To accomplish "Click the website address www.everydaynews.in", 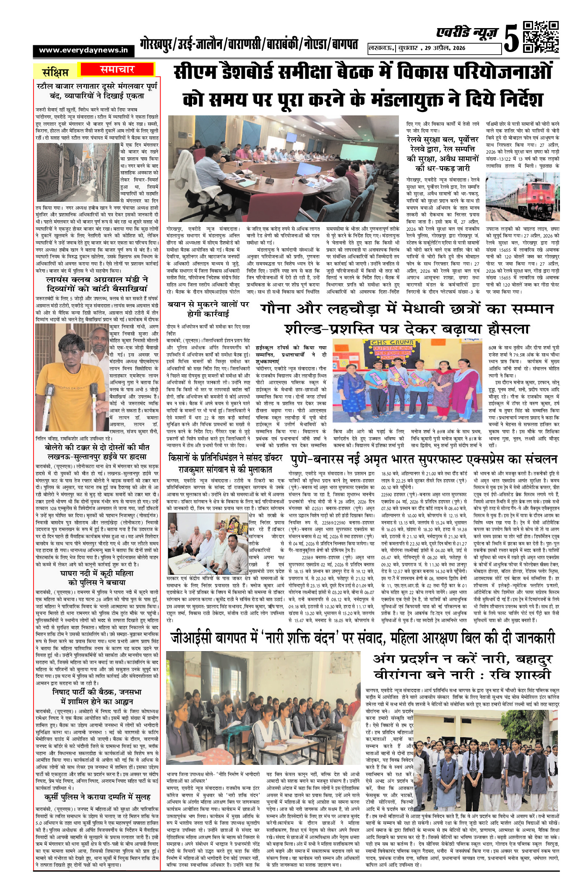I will click(83, 50).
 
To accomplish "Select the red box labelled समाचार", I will click(117, 69).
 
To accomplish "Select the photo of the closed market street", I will click(78, 172).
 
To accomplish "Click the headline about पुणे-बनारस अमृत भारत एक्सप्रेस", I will click(424, 459).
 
